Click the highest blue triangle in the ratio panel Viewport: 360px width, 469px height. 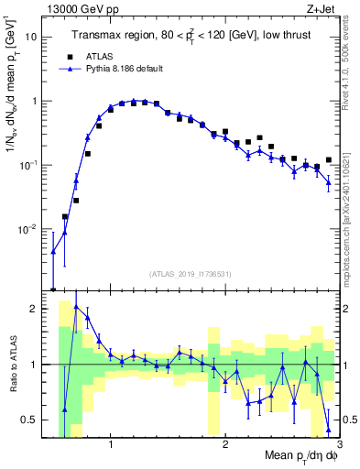pyautogui.click(x=76, y=309)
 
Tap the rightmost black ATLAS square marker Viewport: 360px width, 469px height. pyautogui.click(x=328, y=160)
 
